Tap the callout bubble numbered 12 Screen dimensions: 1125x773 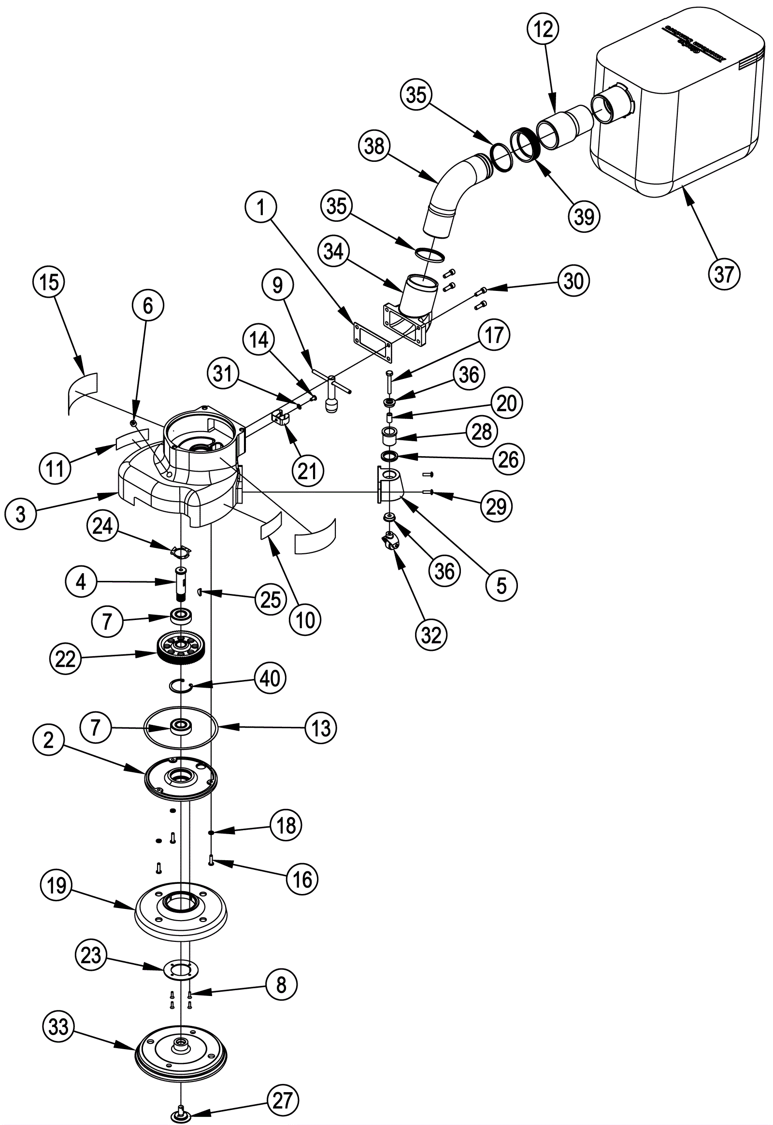(543, 30)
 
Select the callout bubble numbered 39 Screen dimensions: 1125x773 (584, 216)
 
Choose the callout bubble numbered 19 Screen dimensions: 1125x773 (57, 886)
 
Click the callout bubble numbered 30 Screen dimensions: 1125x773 (573, 281)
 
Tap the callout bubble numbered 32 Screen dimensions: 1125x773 (431, 635)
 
